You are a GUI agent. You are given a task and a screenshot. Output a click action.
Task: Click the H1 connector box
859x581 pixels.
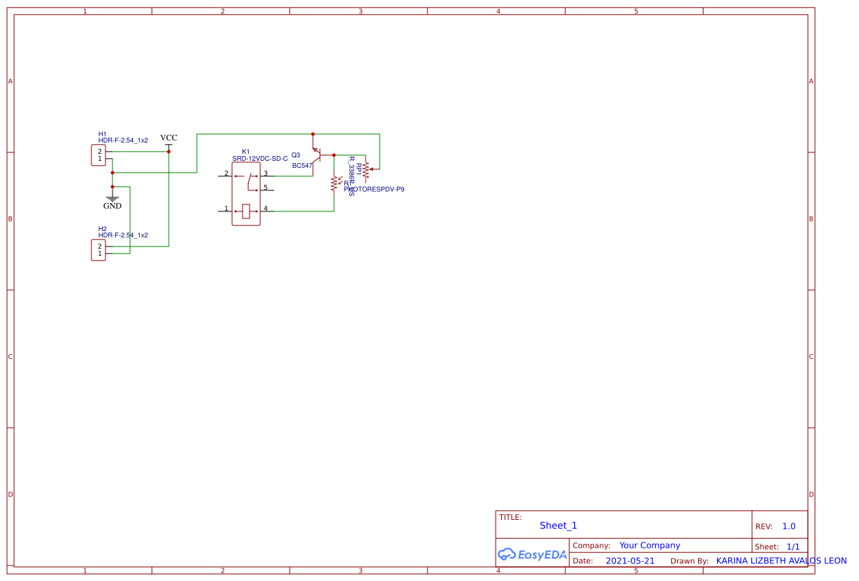98,155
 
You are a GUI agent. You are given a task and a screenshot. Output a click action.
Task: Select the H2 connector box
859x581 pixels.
98,249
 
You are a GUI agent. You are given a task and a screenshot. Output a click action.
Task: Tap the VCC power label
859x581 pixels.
169,138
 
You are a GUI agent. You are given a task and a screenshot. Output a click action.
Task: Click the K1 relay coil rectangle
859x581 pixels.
245,211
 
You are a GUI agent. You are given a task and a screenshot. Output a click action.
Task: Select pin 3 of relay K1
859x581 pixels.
265,174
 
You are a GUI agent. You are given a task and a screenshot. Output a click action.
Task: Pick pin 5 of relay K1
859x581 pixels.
265,188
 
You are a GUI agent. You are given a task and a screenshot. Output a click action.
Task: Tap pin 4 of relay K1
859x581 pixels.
265,209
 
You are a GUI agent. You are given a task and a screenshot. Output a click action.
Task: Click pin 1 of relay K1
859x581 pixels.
226,209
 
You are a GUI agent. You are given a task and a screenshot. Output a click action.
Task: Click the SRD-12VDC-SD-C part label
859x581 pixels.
259,159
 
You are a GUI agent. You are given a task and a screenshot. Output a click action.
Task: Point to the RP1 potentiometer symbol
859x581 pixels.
366,169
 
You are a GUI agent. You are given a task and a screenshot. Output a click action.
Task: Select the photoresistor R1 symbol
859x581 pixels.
335,183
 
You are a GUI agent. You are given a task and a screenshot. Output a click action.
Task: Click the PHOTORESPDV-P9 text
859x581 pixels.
375,190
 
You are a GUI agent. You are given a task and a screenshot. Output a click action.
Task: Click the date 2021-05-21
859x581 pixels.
630,561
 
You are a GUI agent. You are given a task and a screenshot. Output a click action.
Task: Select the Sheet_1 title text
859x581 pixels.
558,525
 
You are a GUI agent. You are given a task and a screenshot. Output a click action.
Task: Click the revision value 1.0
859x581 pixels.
789,526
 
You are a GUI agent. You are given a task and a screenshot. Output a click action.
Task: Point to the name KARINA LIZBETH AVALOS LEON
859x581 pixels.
781,561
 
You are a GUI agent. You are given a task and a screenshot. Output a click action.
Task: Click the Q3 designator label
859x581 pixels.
295,155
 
